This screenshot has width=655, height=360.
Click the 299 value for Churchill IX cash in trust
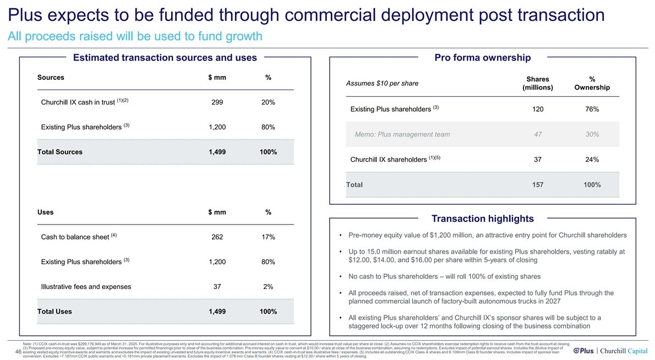[217, 102]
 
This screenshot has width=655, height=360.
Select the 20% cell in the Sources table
[268, 102]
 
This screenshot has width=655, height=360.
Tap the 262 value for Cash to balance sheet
[217, 237]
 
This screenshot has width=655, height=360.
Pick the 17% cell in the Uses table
[268, 237]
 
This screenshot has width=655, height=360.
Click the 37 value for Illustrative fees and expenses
[217, 286]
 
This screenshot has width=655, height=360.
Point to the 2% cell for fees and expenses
[268, 286]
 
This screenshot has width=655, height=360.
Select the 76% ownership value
[592, 110]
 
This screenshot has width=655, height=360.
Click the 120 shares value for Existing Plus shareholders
[538, 110]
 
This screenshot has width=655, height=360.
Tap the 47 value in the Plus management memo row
[538, 134]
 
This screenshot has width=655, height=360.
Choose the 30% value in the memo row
[592, 134]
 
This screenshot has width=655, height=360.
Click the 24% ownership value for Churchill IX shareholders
[592, 160]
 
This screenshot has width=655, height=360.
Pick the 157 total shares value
[538, 185]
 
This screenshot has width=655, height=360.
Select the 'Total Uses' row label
[54, 312]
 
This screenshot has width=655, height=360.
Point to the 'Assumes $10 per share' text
[381, 83]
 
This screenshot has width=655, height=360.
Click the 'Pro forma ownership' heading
[482, 58]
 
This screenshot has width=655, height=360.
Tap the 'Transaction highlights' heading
[482, 219]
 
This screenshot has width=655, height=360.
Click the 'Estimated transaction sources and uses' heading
[165, 58]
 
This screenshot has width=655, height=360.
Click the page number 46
[19, 351]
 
